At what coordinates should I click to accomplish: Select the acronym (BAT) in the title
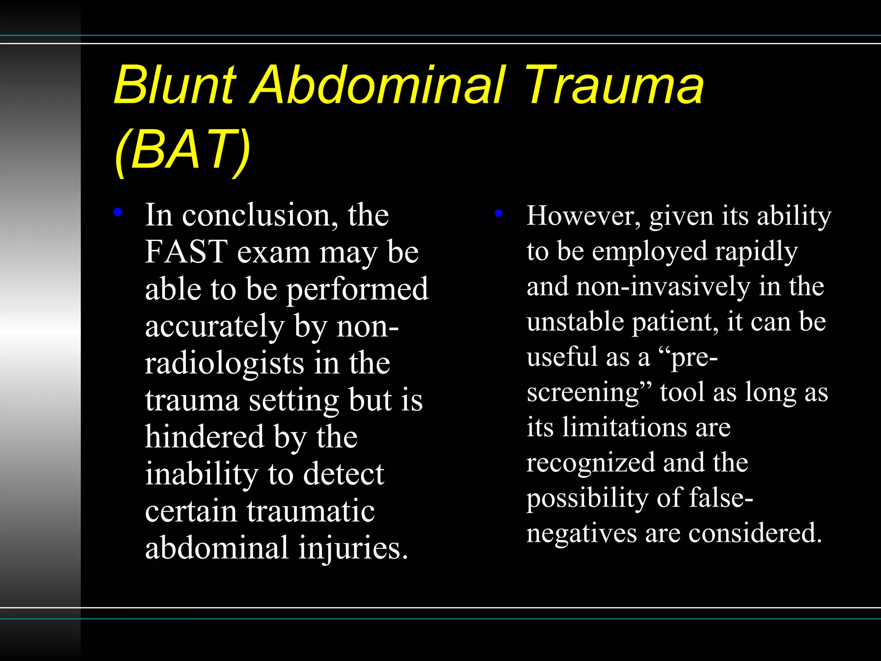[182, 150]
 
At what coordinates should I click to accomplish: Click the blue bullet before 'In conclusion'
[117, 212]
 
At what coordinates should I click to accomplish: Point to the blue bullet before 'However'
[499, 213]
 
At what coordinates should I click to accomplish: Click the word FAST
[186, 252]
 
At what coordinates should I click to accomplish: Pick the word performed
[357, 290]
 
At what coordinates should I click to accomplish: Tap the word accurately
[215, 326]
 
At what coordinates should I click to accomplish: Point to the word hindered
[204, 437]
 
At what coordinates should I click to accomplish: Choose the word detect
[343, 474]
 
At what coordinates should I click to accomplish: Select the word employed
[650, 251]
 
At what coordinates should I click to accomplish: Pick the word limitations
[625, 427]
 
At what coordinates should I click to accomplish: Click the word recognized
[590, 463]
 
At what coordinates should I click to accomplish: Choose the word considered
[755, 534]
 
